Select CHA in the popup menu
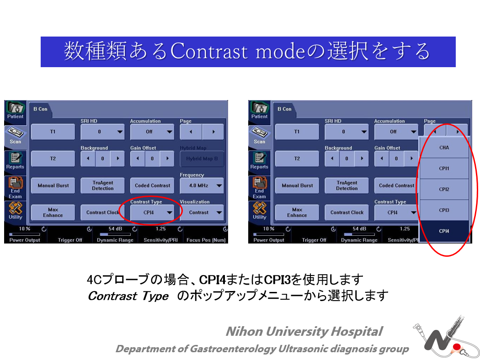pyautogui.click(x=444, y=148)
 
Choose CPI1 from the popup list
pyautogui.click(x=444, y=168)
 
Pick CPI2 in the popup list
pyautogui.click(x=444, y=189)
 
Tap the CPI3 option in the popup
pyautogui.click(x=444, y=210)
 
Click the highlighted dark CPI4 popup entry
pyautogui.click(x=444, y=231)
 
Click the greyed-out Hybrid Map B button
pyautogui.click(x=202, y=159)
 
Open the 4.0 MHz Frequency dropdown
pyautogui.click(x=202, y=185)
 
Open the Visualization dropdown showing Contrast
pyautogui.click(x=202, y=212)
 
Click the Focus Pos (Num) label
pyautogui.click(x=206, y=240)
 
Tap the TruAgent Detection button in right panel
pyautogui.click(x=347, y=185)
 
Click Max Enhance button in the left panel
pyautogui.click(x=53, y=212)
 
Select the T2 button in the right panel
pyautogui.click(x=297, y=159)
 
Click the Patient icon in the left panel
pyautogui.click(x=15, y=111)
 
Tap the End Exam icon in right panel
pyautogui.click(x=259, y=188)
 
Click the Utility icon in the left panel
pyautogui.click(x=15, y=211)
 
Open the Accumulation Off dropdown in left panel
pyautogui.click(x=152, y=132)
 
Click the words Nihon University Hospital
pyautogui.click(x=304, y=331)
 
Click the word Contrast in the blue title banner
pyautogui.click(x=208, y=51)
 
